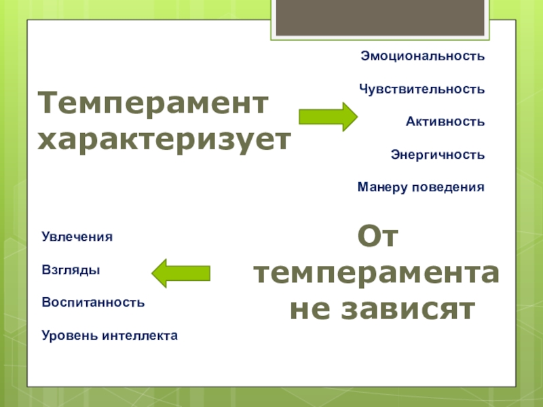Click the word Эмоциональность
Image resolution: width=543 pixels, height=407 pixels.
tap(422, 56)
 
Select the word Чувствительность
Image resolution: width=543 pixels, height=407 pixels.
tap(422, 89)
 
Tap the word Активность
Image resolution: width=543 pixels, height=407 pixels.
tap(445, 121)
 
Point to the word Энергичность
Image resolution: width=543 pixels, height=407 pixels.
tap(437, 154)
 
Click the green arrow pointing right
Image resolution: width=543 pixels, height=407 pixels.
tap(328, 117)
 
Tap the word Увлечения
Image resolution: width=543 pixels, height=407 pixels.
tap(77, 237)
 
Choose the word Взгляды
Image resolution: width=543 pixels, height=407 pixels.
tap(71, 270)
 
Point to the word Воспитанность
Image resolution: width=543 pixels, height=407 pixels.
tap(93, 302)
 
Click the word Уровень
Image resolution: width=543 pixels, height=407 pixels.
tap(68, 335)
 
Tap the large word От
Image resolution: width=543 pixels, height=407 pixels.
tap(377, 237)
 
